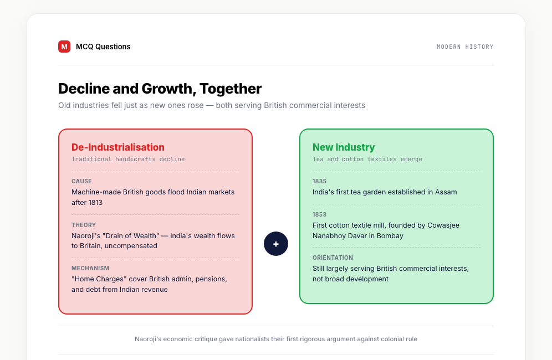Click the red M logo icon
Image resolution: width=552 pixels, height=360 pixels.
click(64, 47)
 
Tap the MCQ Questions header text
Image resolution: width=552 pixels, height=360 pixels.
click(103, 47)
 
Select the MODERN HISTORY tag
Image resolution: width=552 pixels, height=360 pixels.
click(465, 47)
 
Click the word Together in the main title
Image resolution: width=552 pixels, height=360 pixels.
click(231, 89)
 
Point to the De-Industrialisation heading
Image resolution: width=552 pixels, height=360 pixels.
click(118, 147)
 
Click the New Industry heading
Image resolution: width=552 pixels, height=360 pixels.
click(344, 147)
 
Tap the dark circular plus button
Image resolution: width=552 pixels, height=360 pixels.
click(276, 244)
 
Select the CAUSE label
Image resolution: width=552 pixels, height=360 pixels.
click(81, 181)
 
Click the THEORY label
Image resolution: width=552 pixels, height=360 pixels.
click(84, 225)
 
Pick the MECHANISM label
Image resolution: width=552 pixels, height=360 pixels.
click(90, 268)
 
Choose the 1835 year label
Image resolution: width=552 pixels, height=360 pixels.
click(320, 181)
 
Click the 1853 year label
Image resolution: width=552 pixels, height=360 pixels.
click(320, 214)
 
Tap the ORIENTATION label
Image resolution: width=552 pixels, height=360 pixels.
click(333, 258)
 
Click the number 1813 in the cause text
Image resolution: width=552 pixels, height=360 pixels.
click(95, 202)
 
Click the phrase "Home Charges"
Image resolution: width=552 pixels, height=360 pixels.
click(99, 279)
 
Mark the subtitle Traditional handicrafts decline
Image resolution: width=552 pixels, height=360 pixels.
click(128, 159)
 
